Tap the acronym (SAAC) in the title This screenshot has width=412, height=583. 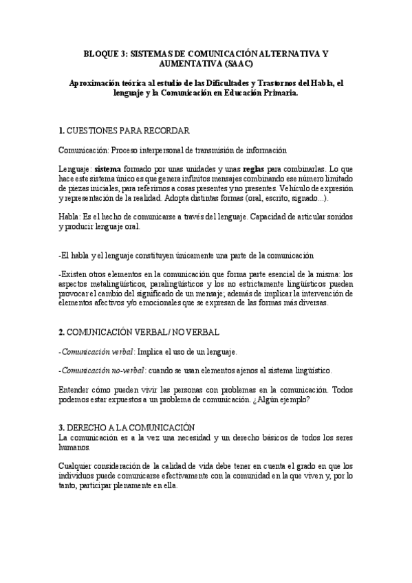tap(235, 63)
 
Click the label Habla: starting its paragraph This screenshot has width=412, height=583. tap(70, 217)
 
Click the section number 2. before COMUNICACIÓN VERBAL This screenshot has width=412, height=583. tap(62, 333)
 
